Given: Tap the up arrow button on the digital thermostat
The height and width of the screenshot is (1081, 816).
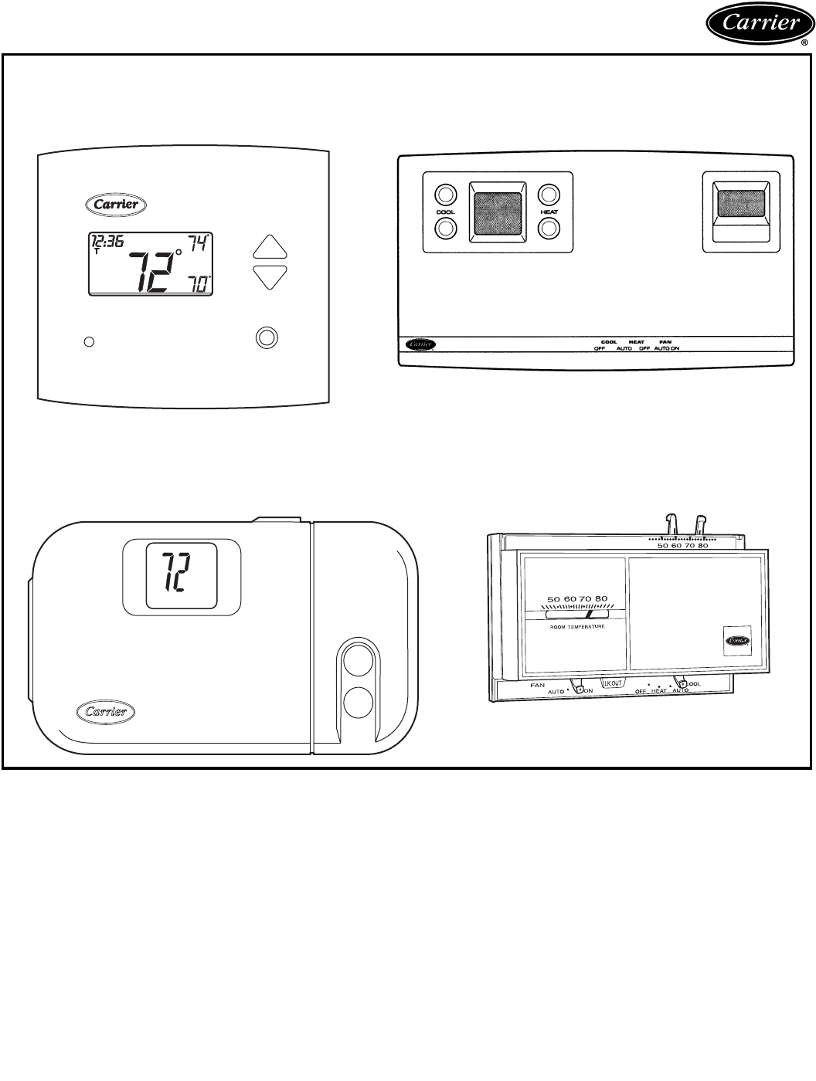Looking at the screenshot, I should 270,247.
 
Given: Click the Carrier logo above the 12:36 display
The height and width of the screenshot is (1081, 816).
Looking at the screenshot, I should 112,205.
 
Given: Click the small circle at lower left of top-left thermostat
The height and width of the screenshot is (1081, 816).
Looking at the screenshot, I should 89,341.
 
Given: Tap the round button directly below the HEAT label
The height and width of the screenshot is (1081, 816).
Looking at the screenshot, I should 549,228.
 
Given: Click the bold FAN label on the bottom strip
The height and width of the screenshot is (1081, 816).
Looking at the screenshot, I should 665,341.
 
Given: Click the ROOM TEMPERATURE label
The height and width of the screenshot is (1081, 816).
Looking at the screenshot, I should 576,627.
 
